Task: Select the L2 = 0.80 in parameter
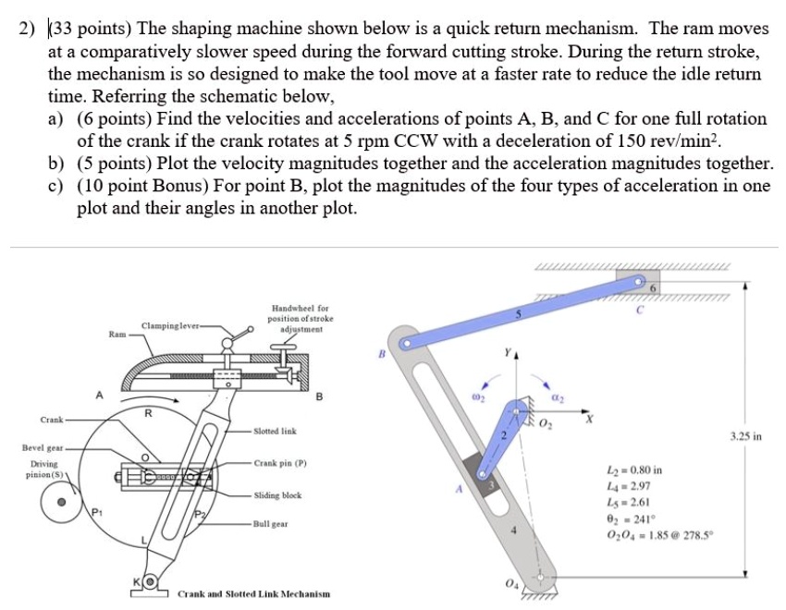(633, 470)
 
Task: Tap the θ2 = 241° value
(629, 520)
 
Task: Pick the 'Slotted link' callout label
(276, 432)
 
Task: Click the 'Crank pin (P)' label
(280, 463)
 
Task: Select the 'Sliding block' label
(277, 495)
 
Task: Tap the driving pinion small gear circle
(62, 504)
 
